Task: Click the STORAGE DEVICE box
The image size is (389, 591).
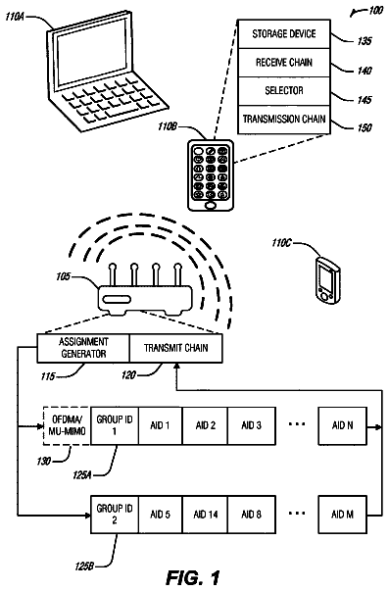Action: (284, 34)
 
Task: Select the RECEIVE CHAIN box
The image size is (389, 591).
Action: (284, 63)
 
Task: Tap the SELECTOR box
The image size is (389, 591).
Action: (284, 91)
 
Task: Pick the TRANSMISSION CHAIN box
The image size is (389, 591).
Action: (284, 120)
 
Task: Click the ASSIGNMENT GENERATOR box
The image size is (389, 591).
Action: (83, 348)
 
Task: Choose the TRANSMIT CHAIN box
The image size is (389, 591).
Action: (175, 348)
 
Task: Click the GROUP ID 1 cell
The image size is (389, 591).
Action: (115, 426)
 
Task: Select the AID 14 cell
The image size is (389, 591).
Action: (206, 515)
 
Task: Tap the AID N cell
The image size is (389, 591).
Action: (342, 426)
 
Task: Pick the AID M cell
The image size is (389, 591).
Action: (342, 515)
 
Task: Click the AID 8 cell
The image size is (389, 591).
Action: (252, 515)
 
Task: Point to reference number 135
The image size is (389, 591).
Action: (364, 41)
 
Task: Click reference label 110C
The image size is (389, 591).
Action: (281, 243)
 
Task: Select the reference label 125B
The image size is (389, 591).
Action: (83, 566)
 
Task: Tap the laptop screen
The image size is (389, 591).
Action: (92, 52)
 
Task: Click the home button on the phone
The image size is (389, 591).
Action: (211, 206)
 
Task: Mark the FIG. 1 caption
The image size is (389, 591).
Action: (193, 578)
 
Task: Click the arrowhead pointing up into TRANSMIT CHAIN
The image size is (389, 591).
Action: (176, 367)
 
